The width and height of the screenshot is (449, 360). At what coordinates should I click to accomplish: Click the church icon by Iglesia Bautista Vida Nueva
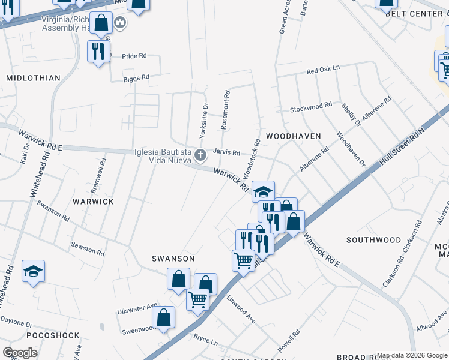tap(200, 156)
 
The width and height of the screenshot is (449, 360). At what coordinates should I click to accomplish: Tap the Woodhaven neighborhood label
tap(294, 136)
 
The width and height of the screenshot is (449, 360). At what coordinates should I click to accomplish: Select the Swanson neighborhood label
tap(173, 258)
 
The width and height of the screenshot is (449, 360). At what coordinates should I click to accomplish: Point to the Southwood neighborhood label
tap(374, 240)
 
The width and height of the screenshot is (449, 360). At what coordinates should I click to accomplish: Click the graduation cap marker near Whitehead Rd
tap(34, 271)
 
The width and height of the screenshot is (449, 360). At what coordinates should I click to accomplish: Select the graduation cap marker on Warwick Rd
tap(263, 191)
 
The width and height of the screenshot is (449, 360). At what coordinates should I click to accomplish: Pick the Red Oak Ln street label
tap(322, 70)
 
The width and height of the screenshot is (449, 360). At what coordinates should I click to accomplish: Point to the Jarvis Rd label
tap(227, 152)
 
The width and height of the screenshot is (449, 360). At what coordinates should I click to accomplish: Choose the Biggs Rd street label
tap(136, 78)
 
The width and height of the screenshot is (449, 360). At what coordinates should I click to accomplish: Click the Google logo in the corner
tap(20, 353)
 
